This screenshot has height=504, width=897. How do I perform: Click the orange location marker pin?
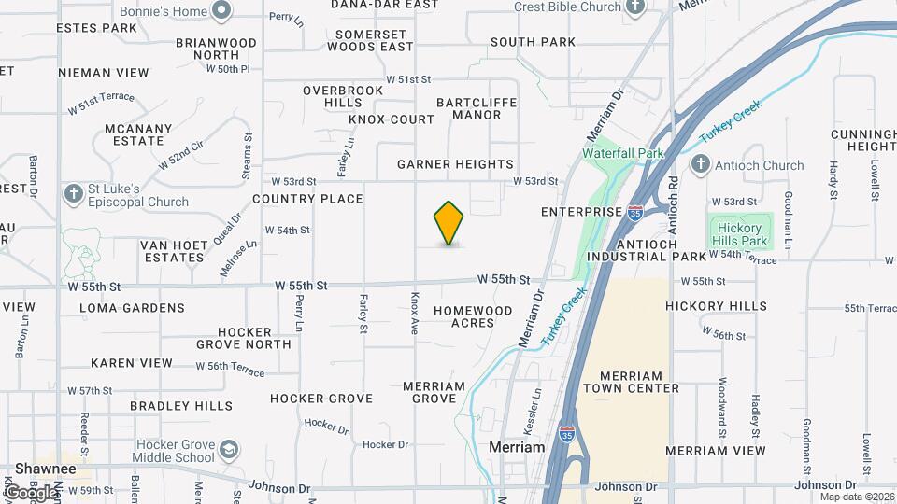tap(449, 223)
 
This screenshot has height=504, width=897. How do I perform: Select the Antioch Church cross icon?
tap(700, 165)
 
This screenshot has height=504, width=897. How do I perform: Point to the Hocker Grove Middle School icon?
tap(228, 452)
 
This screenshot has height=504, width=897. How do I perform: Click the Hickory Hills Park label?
tap(738, 234)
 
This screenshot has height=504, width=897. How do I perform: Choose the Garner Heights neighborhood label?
tap(455, 164)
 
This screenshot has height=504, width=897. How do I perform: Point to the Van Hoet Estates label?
tap(174, 251)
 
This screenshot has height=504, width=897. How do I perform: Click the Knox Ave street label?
tap(415, 312)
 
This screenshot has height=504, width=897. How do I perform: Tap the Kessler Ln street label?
tap(537, 407)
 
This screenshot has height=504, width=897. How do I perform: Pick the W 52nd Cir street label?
tap(180, 153)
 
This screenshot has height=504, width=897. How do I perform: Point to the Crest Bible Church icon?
tap(635, 7)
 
